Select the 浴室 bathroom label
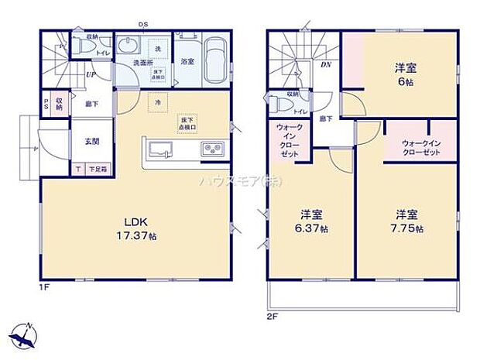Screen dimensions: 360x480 [187, 60]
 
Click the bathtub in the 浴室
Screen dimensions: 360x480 [214, 60]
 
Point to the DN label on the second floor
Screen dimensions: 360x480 [326, 64]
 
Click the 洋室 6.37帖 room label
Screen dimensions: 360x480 [313, 222]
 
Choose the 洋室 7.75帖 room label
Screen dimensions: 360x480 [407, 222]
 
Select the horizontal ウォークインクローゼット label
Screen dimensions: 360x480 [420, 148]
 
